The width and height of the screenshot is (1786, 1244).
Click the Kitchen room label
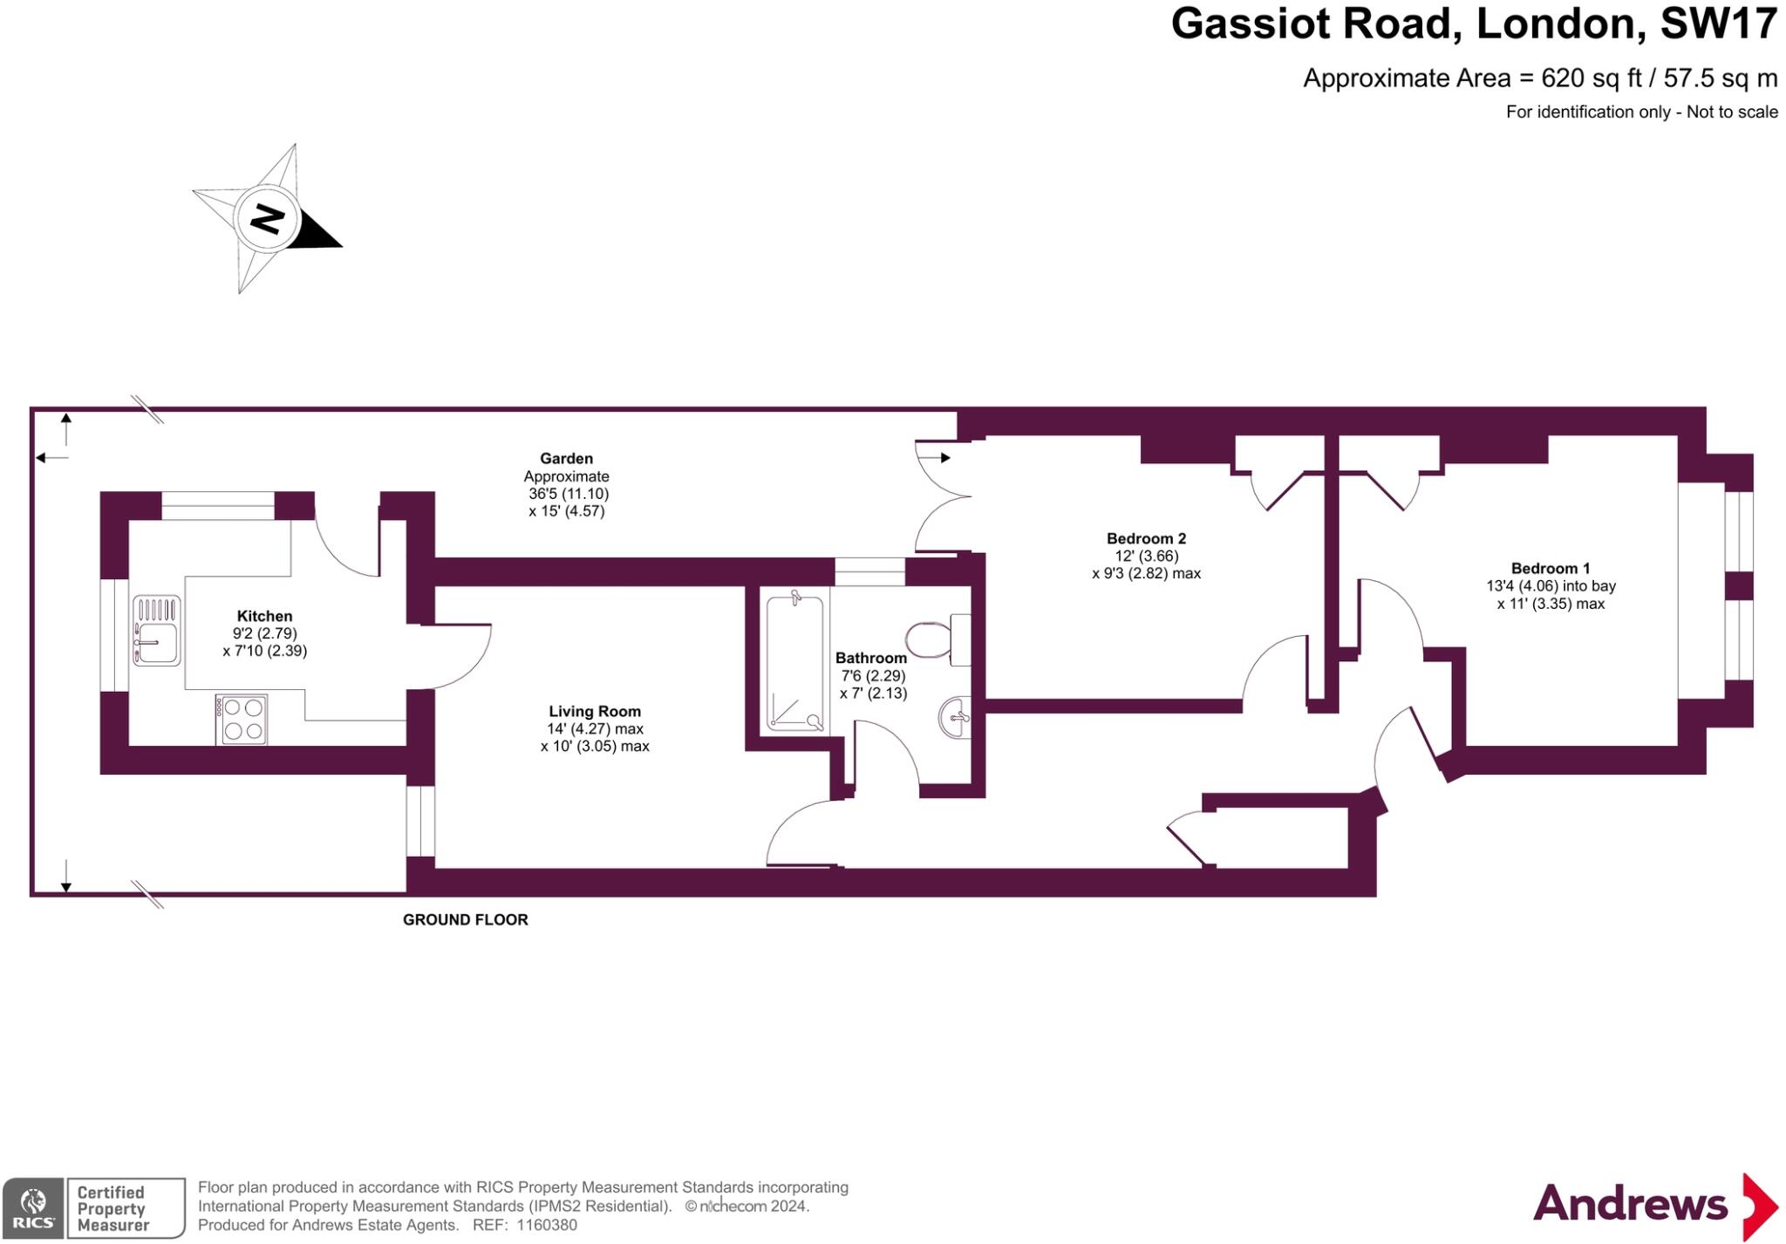pyautogui.click(x=264, y=616)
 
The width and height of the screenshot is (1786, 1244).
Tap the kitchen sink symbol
pyautogui.click(x=157, y=630)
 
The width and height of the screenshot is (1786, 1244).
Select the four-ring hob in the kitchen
pyautogui.click(x=242, y=720)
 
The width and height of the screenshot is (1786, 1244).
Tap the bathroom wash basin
pyautogui.click(x=956, y=717)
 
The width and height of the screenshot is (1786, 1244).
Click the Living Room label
pyautogui.click(x=595, y=711)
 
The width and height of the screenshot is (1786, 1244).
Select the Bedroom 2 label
pyautogui.click(x=1146, y=538)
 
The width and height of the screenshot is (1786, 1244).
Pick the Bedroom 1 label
pyautogui.click(x=1551, y=568)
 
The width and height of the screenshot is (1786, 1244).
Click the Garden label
pyautogui.click(x=566, y=458)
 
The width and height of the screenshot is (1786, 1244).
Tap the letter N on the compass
pyautogui.click(x=267, y=218)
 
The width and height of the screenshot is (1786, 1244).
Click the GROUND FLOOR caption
pyautogui.click(x=465, y=919)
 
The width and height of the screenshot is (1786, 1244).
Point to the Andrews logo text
pyautogui.click(x=1630, y=1205)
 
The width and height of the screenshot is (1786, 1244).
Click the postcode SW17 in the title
pyautogui.click(x=1718, y=24)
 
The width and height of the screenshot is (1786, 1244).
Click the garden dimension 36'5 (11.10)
pyautogui.click(x=568, y=493)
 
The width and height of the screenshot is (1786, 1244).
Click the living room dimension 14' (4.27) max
pyautogui.click(x=595, y=728)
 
